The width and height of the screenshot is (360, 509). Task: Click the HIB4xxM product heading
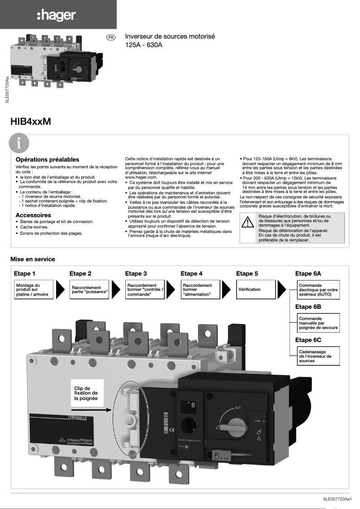[x=31, y=121]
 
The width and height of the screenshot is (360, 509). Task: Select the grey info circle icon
[x=19, y=144]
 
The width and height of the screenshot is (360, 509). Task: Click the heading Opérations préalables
[x=47, y=159]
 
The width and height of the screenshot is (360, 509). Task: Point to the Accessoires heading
[x=33, y=215]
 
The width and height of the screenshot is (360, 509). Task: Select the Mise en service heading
[x=33, y=259]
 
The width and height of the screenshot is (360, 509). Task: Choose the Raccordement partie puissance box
[x=90, y=290]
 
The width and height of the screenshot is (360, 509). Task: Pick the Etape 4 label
[x=191, y=273]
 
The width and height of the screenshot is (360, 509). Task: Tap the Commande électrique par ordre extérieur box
[x=318, y=290]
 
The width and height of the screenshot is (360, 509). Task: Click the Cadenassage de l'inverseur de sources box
[x=318, y=356]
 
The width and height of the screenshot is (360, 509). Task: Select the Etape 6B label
[x=308, y=307]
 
